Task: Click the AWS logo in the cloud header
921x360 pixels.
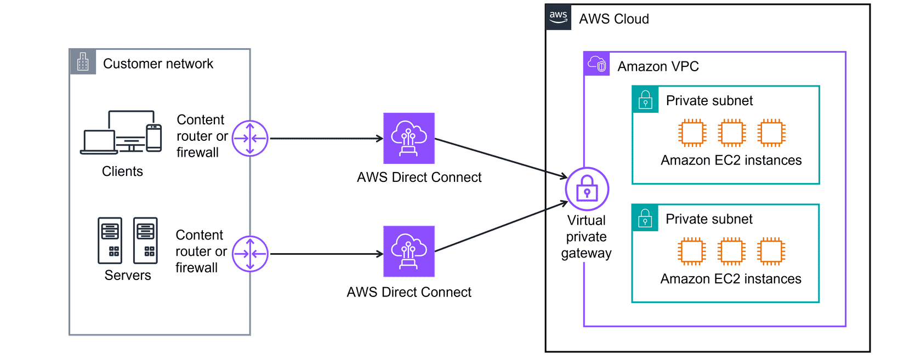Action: coord(559,17)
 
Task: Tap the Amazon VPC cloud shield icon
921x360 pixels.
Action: coord(596,65)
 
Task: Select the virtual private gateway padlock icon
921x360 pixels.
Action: coord(587,189)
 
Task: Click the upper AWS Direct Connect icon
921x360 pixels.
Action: coord(409,139)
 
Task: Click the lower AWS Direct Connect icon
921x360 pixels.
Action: coord(409,252)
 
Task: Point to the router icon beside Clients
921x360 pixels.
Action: coord(250,139)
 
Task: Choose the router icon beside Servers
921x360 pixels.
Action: coord(250,254)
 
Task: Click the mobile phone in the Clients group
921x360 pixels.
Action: coord(154,138)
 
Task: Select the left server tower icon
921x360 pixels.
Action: coord(110,241)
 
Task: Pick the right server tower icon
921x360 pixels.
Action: coord(145,241)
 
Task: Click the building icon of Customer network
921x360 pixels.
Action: coord(83,62)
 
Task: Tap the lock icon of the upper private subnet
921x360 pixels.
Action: coord(645,100)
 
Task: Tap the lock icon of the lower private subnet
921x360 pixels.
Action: coord(645,218)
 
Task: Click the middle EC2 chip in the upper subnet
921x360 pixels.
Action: coord(732,133)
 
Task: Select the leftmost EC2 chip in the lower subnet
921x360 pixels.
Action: coord(691,252)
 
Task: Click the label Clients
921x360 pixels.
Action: coord(122,172)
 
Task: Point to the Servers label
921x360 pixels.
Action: coord(128,275)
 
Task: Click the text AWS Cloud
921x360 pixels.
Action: coord(613,19)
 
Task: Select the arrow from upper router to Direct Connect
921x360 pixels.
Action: coord(326,139)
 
